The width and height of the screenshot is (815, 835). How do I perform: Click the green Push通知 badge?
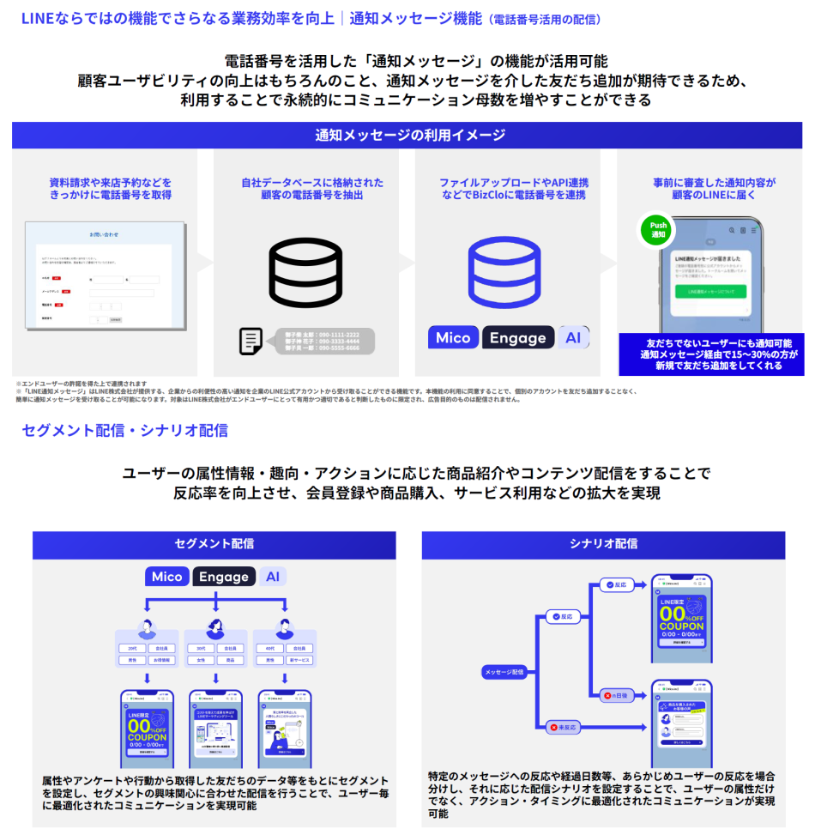(x=658, y=229)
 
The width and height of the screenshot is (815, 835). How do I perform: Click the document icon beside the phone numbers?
(x=251, y=341)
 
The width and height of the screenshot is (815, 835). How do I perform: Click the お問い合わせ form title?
(x=104, y=234)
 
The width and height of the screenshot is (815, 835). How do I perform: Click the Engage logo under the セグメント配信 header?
(x=224, y=577)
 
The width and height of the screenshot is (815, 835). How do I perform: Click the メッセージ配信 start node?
(x=504, y=672)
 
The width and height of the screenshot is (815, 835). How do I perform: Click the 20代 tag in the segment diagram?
(x=132, y=648)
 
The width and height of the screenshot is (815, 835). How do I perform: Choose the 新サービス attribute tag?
(x=299, y=660)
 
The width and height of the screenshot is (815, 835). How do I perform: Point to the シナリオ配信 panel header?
(x=603, y=544)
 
